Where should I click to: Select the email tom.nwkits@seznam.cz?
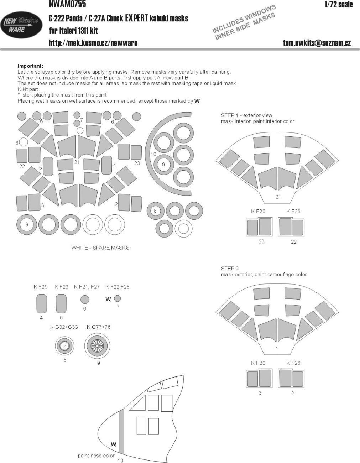317,43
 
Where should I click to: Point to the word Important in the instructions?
30,66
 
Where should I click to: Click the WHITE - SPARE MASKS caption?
100,248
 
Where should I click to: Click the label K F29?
41,287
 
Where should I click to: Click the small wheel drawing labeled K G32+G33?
64,345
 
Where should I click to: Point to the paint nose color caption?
96,456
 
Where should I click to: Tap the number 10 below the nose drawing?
120,461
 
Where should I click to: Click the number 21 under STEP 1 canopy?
278,197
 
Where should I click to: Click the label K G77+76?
98,327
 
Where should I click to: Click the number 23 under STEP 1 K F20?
261,242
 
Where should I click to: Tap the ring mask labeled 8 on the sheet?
155,210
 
